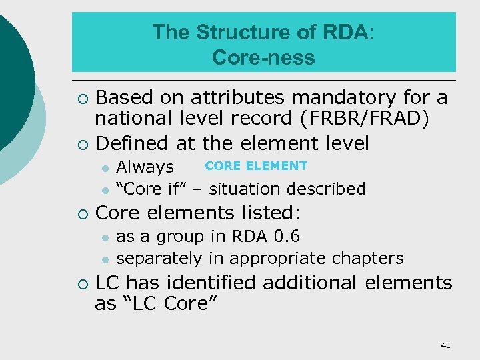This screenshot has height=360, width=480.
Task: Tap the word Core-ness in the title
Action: [x=263, y=58]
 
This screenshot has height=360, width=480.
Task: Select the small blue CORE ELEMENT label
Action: [x=256, y=166]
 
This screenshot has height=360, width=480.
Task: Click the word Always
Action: [x=145, y=167]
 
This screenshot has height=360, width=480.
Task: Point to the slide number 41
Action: [x=446, y=345]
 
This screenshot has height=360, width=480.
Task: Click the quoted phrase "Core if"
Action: [x=149, y=189]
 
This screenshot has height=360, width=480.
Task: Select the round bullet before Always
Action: [x=105, y=167]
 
